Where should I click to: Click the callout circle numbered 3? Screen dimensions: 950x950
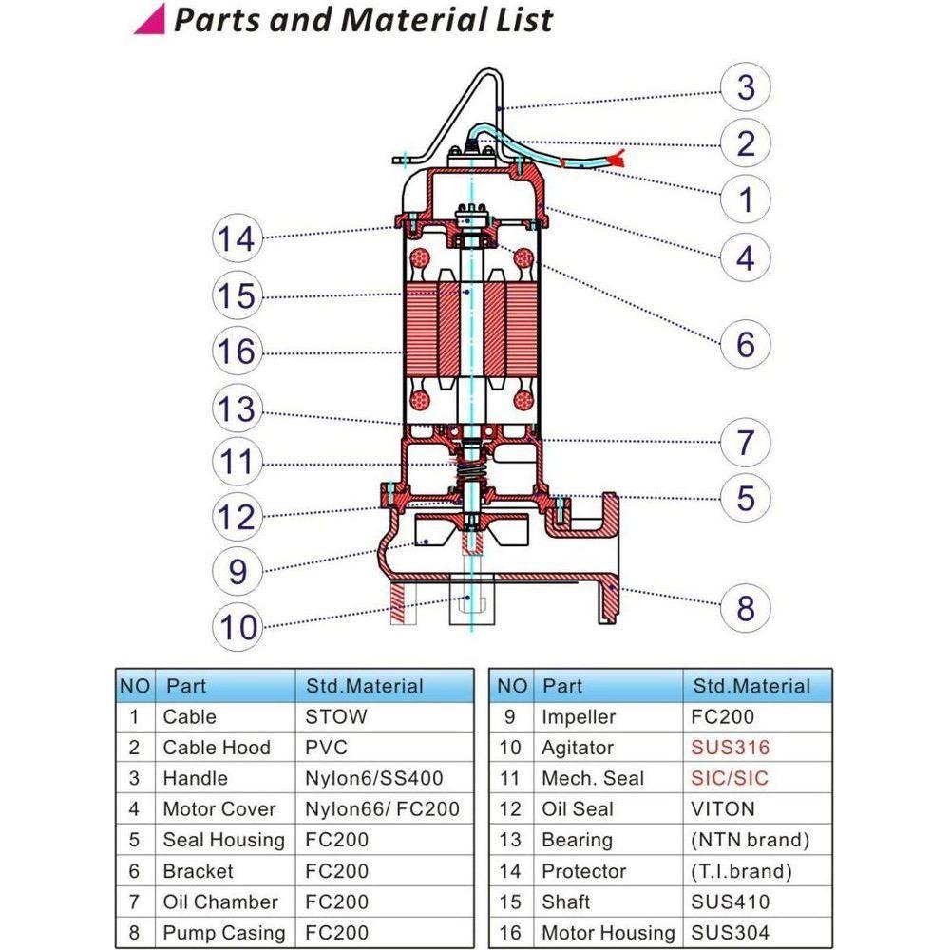tap(746, 87)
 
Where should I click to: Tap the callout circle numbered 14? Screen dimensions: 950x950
tap(235, 238)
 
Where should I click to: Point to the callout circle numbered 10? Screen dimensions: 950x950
tap(238, 628)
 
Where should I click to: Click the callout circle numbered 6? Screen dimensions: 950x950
tap(746, 344)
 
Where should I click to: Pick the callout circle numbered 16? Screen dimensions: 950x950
tap(235, 352)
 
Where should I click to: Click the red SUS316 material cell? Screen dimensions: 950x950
tap(730, 748)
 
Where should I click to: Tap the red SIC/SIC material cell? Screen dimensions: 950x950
tap(729, 778)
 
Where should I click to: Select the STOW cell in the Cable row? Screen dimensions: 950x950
tap(335, 716)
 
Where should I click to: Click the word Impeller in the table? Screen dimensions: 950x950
tap(579, 716)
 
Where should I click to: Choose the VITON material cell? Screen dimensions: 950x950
tap(723, 809)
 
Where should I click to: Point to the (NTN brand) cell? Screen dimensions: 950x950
tap(750, 840)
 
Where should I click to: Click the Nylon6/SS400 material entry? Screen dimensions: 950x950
tap(373, 778)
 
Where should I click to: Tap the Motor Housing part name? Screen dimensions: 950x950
tap(607, 933)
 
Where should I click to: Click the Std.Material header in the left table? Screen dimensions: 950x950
tap(364, 686)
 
